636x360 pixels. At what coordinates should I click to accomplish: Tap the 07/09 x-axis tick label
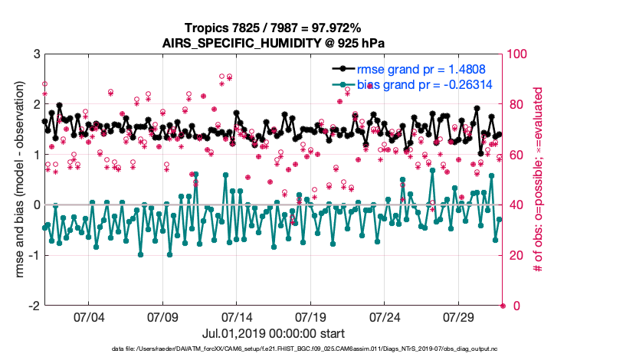coord(162,316)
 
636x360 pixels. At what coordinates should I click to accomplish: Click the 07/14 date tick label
coord(237,316)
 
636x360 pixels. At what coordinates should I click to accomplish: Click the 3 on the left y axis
coord(36,54)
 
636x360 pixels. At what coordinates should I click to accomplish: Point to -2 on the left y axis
coord(33,306)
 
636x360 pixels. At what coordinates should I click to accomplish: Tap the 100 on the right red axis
coord(517,54)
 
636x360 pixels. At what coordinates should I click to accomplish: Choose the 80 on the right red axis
coord(515,105)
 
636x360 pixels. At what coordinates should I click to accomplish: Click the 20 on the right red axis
coord(515,255)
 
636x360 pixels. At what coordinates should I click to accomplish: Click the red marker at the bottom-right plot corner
coord(503,306)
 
